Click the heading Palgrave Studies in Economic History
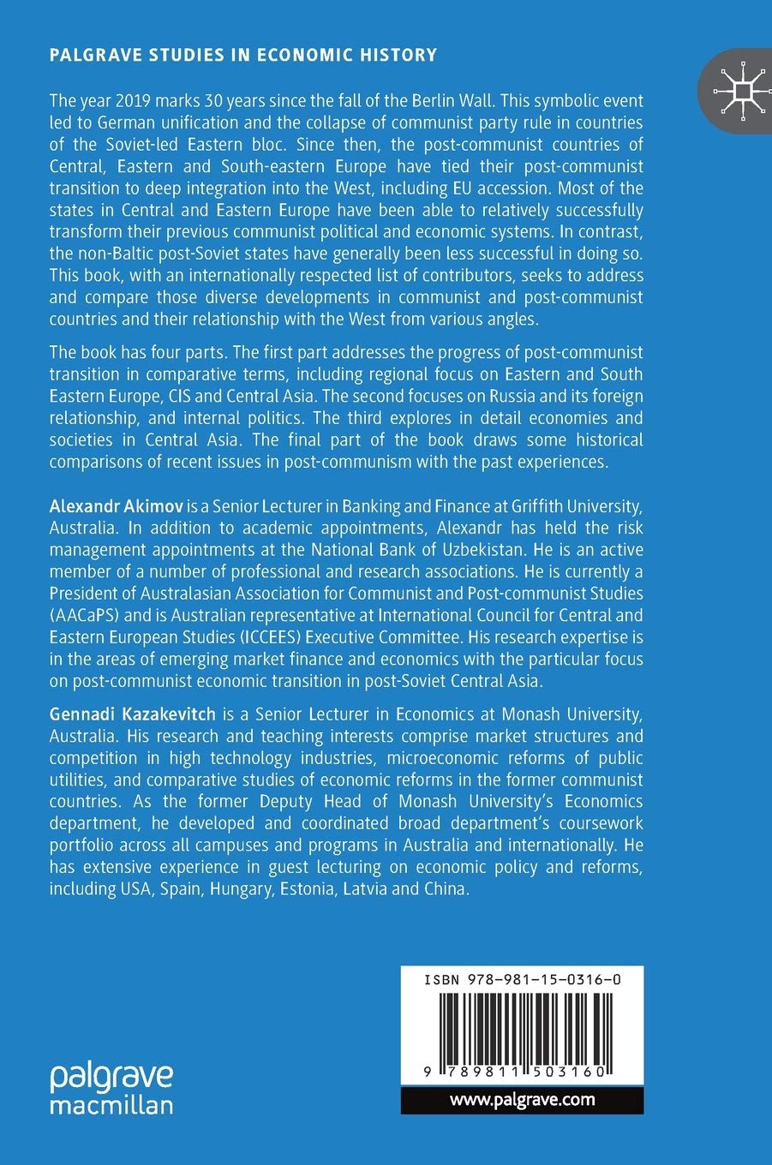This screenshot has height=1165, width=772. coord(243,56)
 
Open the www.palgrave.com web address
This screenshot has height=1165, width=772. coord(522,1100)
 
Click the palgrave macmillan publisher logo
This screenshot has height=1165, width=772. coord(111,1089)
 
